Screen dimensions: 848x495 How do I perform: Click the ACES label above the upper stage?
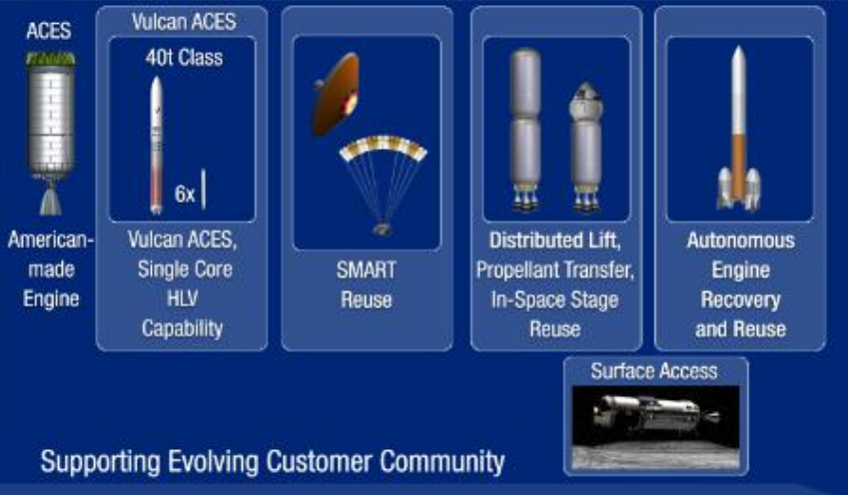click(49, 31)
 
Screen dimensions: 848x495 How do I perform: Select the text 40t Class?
click(184, 57)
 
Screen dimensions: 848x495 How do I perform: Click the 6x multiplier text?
click(185, 194)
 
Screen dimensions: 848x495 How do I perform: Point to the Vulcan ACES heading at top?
click(184, 22)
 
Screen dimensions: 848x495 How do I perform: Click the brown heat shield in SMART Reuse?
click(336, 95)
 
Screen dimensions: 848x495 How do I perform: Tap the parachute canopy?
click(383, 148)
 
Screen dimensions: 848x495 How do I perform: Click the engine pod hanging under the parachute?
click(383, 230)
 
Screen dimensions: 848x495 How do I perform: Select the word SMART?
click(367, 269)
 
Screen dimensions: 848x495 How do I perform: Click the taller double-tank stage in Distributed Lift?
click(525, 130)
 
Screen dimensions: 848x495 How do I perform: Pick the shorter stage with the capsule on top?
click(585, 146)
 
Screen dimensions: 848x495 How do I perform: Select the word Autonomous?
click(740, 241)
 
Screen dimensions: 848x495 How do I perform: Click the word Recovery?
click(740, 300)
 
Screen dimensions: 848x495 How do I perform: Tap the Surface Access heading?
click(654, 371)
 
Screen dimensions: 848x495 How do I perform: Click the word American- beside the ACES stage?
click(50, 240)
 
